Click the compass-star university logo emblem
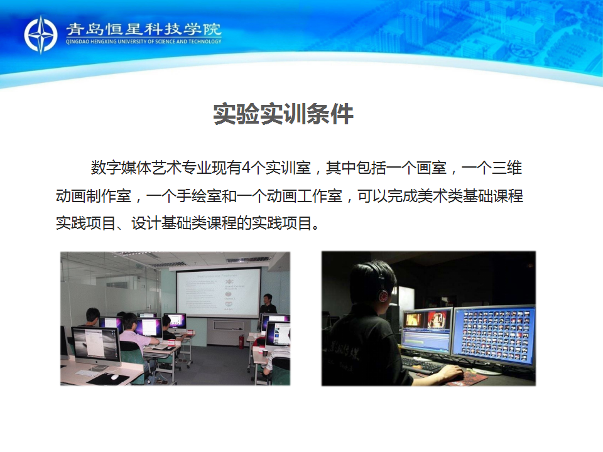tap(40, 35)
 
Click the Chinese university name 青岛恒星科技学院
tap(143, 30)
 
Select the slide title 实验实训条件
tap(283, 114)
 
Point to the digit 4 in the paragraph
tap(246, 168)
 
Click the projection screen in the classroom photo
tap(218, 293)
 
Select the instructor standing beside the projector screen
tap(268, 304)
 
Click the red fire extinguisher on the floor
tap(241, 342)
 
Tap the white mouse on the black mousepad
tap(114, 377)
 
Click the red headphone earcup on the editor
tap(383, 296)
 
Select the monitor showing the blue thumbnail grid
tap(494, 335)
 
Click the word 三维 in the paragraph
tap(506, 168)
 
